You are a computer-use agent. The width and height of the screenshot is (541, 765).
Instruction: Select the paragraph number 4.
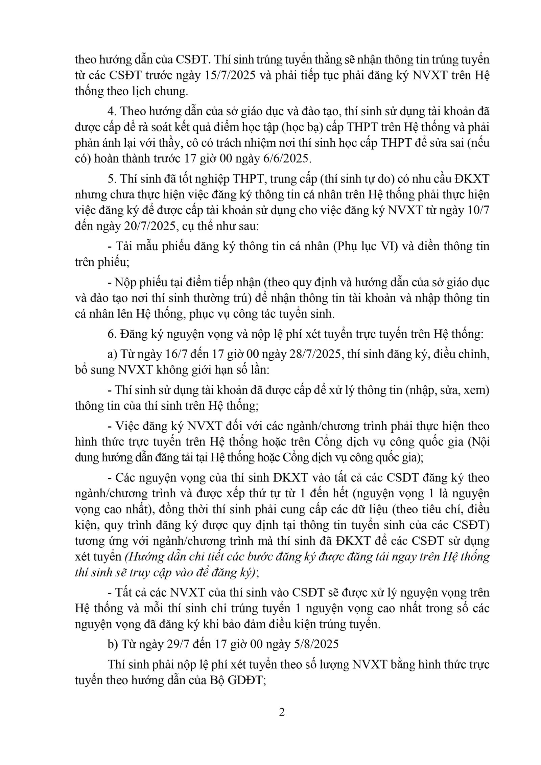pyautogui.click(x=111, y=111)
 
